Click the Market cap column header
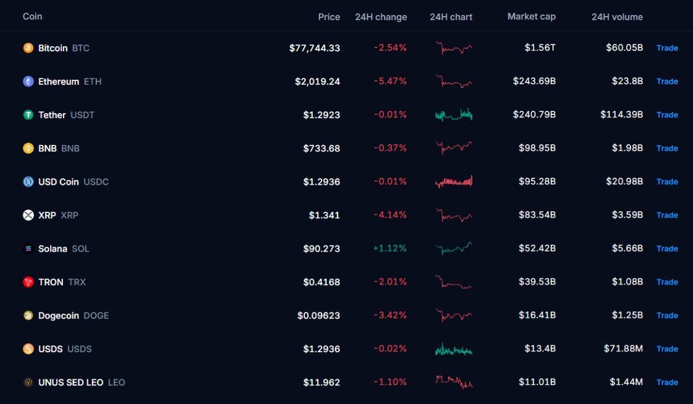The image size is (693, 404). pos(531,16)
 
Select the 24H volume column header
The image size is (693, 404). pos(617,17)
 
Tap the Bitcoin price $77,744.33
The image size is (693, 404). pos(315,48)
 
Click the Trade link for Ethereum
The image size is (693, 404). pos(668,81)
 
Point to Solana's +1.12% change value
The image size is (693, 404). pos(390,248)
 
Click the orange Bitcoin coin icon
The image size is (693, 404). pos(28,48)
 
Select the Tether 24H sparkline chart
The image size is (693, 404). pos(454,115)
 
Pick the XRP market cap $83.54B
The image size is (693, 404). pos(537,215)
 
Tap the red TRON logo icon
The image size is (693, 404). pos(28,282)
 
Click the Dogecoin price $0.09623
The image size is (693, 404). pos(319,315)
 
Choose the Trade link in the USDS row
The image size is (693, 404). pos(668,349)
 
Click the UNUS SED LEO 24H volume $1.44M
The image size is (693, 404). pos(626,382)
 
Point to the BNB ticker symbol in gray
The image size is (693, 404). pos(70,148)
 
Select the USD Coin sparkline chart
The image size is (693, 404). pos(454,181)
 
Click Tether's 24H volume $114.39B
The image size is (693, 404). pos(621,115)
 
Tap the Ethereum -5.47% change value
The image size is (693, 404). pos(390,81)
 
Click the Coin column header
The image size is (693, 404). pos(32,16)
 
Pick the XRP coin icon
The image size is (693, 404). pos(28,215)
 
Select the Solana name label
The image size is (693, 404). pos(53,249)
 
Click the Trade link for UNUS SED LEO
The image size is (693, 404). pos(668,382)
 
